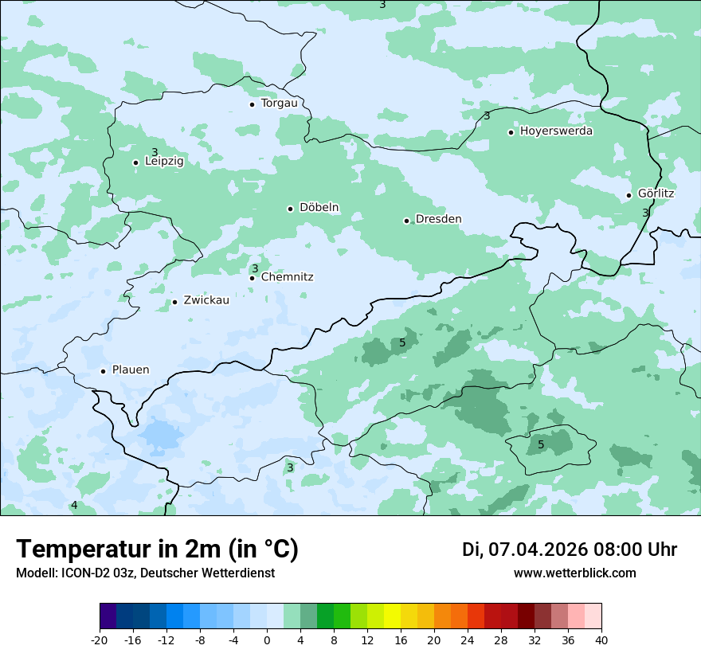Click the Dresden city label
click(438, 219)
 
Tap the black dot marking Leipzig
click(135, 162)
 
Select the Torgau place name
click(279, 103)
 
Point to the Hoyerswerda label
click(556, 131)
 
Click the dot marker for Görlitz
click(629, 195)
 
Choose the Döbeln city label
click(319, 207)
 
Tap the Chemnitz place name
click(287, 277)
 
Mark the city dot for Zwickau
click(174, 302)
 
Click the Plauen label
click(130, 370)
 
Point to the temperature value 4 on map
click(74, 505)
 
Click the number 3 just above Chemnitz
click(255, 268)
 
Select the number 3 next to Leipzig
click(155, 152)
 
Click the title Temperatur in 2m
click(157, 549)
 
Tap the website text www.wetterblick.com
click(574, 573)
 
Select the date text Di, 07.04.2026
click(524, 550)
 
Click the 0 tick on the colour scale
click(267, 639)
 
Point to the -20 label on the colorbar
click(100, 639)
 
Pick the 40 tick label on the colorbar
click(601, 639)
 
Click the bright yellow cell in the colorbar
click(392, 616)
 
